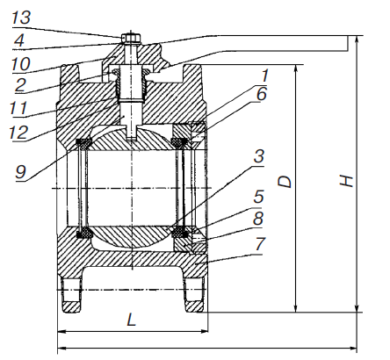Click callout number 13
click(x=21, y=18)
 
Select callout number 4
click(x=19, y=40)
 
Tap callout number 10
click(x=21, y=64)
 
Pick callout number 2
click(x=20, y=85)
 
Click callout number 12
click(x=19, y=132)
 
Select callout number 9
click(x=21, y=171)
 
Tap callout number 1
click(x=265, y=76)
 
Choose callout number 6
click(x=262, y=94)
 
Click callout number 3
click(x=259, y=156)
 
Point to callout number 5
click(x=258, y=197)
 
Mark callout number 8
click(x=258, y=218)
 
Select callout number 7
click(x=260, y=243)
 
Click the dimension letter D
click(x=285, y=182)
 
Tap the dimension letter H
click(x=346, y=180)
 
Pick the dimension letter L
click(x=132, y=320)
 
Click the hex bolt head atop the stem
click(x=131, y=38)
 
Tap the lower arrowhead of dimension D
click(x=296, y=308)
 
